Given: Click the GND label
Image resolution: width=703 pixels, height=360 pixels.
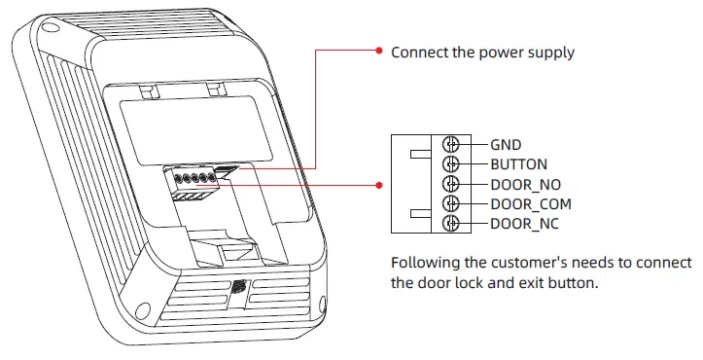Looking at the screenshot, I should pyautogui.click(x=506, y=145).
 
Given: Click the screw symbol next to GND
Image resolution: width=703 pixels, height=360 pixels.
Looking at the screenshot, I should pyautogui.click(x=450, y=145).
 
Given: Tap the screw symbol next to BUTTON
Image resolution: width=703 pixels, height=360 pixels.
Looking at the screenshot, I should pyautogui.click(x=450, y=164).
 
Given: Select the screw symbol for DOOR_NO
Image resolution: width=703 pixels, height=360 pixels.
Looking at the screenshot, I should pyautogui.click(x=450, y=185).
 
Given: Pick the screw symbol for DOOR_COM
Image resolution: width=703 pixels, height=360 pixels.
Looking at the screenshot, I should pyautogui.click(x=450, y=204).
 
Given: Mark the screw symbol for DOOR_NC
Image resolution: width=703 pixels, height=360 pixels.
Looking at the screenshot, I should pyautogui.click(x=450, y=225).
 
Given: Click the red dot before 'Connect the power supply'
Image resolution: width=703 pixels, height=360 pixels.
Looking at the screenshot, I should pyautogui.click(x=378, y=52).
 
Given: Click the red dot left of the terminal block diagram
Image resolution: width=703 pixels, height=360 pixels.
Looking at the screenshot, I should pyautogui.click(x=378, y=183).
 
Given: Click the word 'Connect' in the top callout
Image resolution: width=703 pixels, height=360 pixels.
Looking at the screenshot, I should pyautogui.click(x=419, y=52).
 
